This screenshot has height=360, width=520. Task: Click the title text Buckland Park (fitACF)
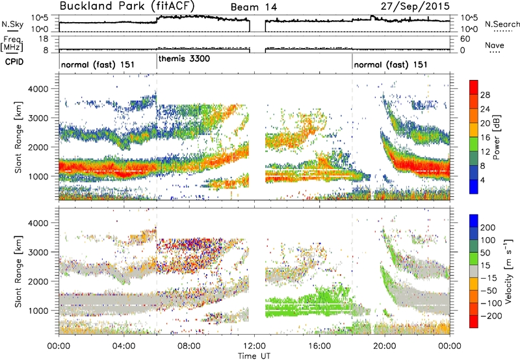click(127, 6)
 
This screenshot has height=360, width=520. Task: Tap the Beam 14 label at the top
click(253, 7)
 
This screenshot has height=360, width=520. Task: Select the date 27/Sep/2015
click(415, 6)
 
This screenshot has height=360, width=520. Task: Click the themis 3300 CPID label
click(184, 59)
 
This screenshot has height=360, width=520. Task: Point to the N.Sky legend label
click(12, 24)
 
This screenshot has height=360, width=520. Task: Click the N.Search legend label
click(502, 24)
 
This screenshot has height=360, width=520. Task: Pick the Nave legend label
click(495, 45)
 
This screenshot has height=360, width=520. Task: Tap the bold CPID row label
click(14, 62)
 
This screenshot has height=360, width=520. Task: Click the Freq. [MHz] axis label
click(12, 44)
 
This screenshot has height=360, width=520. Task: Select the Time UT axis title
click(254, 356)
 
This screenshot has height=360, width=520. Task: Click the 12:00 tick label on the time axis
click(254, 346)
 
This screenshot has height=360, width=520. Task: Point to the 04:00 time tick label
click(123, 346)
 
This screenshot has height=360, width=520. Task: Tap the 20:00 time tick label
click(385, 346)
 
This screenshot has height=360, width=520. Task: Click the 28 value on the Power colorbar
click(485, 95)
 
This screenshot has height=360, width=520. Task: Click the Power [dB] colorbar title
click(497, 137)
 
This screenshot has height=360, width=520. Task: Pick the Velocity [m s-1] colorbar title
click(508, 270)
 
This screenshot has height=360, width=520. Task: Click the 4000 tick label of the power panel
click(40, 89)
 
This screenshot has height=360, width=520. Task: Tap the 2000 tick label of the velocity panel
click(40, 281)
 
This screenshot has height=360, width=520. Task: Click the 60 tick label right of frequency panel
click(465, 39)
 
